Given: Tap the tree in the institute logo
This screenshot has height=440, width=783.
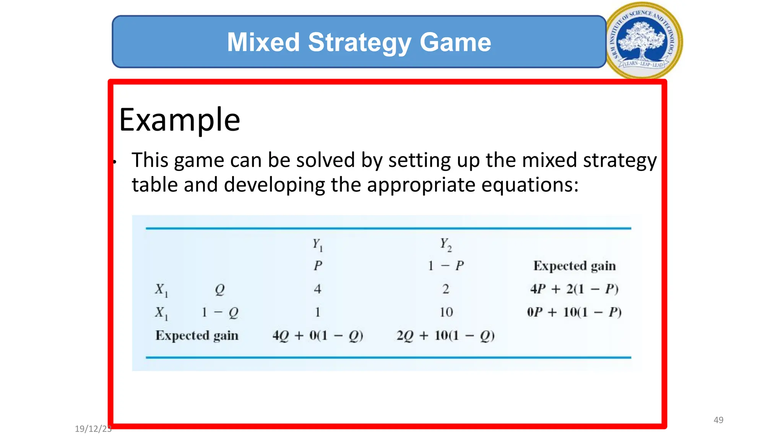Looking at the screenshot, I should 643,38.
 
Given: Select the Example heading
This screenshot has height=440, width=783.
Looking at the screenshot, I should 179,120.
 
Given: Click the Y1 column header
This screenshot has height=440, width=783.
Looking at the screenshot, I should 318,244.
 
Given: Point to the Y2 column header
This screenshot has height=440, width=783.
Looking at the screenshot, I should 446,244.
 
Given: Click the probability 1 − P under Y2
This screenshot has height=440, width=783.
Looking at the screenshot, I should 446,265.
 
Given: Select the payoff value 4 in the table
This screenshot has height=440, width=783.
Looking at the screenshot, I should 317,289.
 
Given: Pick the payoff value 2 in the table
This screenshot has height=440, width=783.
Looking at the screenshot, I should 446,289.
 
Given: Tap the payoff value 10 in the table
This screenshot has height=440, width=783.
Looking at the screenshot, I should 446,312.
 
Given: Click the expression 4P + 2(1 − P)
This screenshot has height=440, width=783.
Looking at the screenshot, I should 574,289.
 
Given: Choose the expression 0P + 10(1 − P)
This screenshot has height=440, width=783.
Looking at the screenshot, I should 574,312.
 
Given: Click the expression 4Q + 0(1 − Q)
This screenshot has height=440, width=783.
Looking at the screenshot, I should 317,336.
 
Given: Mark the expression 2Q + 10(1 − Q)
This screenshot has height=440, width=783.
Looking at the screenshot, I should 446,336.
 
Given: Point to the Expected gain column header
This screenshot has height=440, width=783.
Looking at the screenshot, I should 574,266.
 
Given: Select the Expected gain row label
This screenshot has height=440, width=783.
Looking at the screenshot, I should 197,336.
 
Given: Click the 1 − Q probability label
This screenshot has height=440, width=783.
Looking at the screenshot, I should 220,312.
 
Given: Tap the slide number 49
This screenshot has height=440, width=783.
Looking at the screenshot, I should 718,420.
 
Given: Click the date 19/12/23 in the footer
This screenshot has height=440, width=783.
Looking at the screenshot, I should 93,429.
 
